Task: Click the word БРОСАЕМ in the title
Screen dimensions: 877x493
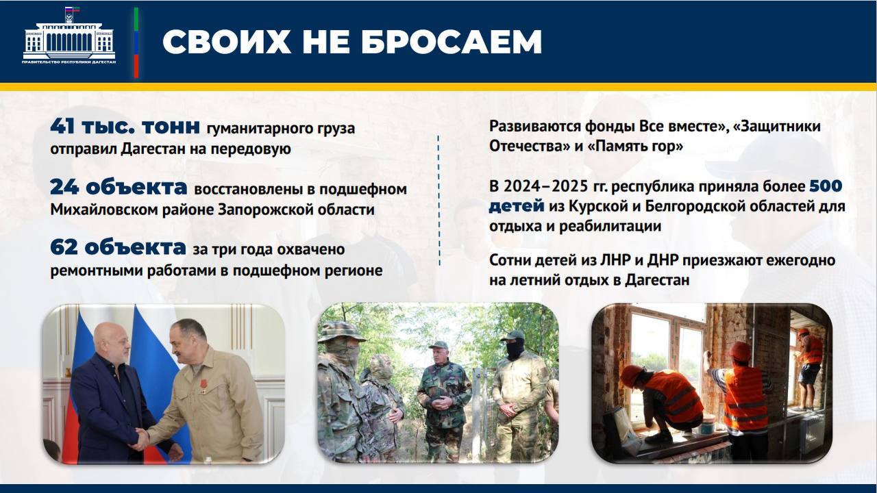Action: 451,41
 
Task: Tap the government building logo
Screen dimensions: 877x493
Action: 69,34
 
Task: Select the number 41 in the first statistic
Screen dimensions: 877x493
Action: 62,127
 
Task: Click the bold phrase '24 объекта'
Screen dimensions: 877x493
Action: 119,188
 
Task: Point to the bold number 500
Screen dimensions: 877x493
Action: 826,186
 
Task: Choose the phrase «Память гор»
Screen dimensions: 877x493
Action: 635,147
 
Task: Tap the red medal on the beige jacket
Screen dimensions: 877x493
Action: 203,383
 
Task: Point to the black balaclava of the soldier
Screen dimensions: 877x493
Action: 515,349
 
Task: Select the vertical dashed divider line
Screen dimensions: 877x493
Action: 438,201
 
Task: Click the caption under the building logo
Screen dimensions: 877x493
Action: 69,62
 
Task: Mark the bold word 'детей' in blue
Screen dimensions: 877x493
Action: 517,206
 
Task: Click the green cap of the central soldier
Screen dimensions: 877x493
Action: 438,345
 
